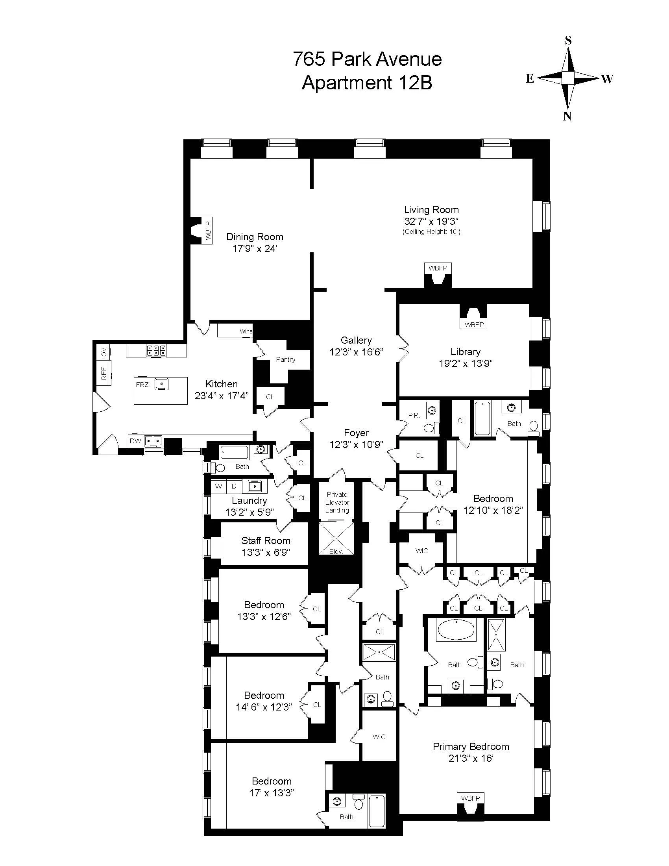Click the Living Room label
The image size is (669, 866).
[431, 210]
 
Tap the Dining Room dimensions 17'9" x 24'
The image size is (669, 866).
[255, 249]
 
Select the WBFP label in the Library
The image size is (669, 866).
[474, 325]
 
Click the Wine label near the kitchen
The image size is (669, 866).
[246, 331]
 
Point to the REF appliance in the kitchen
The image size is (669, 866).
[104, 373]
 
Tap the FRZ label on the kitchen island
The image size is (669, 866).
[142, 385]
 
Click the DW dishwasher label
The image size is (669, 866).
[135, 441]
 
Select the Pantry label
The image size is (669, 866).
[285, 359]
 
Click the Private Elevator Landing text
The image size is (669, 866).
[337, 502]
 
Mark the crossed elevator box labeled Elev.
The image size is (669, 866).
[336, 538]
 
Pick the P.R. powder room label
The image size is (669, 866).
[414, 416]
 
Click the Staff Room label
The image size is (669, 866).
[266, 541]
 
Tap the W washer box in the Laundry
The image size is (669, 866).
[218, 487]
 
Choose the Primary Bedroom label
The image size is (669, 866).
[471, 747]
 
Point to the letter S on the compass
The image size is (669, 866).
[568, 40]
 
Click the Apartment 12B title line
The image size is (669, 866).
[367, 83]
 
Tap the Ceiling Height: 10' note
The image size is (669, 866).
[431, 231]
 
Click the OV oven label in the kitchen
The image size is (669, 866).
[104, 351]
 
